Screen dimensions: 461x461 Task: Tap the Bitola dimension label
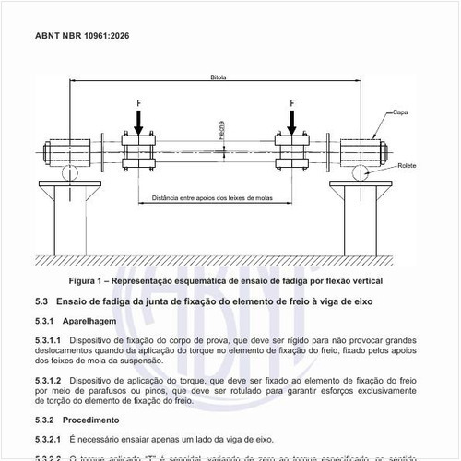(x=219, y=77)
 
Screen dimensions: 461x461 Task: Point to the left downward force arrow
(x=138, y=121)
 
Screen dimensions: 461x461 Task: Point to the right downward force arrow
(x=292, y=121)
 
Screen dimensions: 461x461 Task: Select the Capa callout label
(x=400, y=112)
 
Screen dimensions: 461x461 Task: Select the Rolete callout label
(x=407, y=165)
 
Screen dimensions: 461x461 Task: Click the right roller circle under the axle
(x=366, y=173)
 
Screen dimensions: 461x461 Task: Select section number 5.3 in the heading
(x=41, y=301)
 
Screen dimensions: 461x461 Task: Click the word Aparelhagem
(x=89, y=322)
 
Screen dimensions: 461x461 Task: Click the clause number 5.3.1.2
(x=48, y=380)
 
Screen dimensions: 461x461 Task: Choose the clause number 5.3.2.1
(x=48, y=439)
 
